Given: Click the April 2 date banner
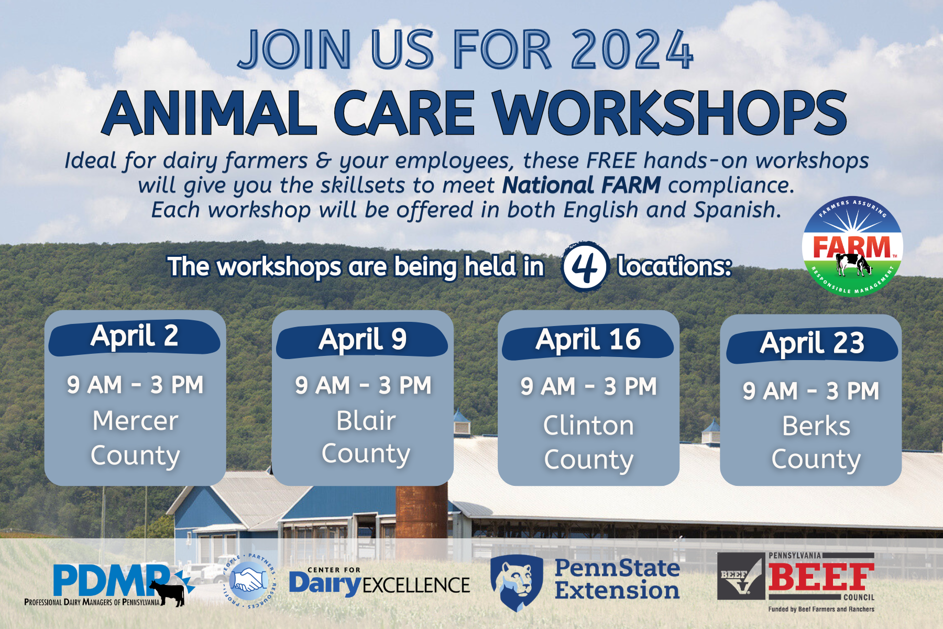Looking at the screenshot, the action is [134, 337].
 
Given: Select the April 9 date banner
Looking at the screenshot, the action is [362, 340].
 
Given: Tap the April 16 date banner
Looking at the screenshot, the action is [588, 341].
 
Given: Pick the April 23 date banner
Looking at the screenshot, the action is [812, 344].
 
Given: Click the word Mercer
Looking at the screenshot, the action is [136, 421].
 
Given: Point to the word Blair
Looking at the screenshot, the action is [366, 420].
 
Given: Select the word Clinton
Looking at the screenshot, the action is [588, 425].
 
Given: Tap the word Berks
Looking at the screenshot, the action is [816, 426].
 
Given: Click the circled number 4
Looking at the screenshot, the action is [585, 267].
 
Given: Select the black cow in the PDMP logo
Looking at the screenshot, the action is [167, 593].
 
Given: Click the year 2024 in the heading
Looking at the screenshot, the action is [632, 50].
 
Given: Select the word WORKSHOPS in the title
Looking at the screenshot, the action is [669, 113].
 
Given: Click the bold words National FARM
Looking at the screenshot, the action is [582, 185].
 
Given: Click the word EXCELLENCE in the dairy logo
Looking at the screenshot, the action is [416, 585].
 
